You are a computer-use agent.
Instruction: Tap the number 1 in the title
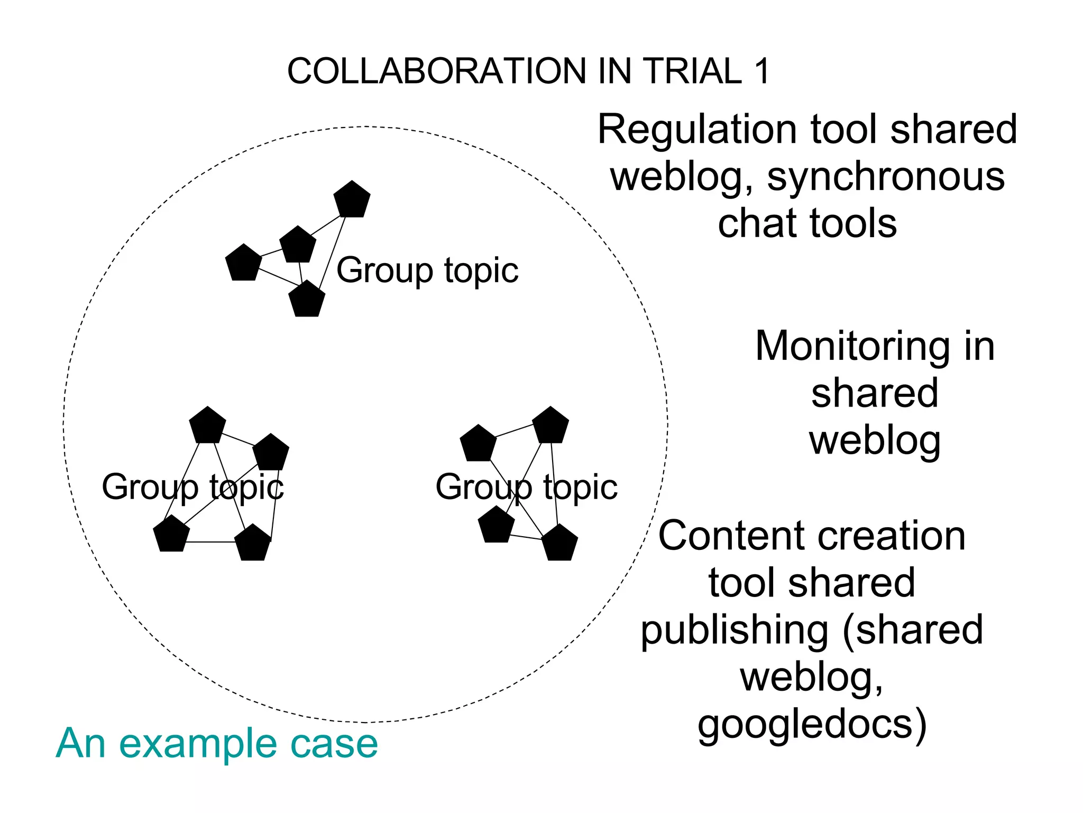(x=762, y=71)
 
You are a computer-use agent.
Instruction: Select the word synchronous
(x=886, y=177)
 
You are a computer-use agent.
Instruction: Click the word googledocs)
(x=812, y=725)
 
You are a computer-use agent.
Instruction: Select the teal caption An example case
(x=217, y=743)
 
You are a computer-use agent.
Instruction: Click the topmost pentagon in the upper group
(x=352, y=200)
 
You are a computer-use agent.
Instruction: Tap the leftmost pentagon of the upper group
(x=243, y=263)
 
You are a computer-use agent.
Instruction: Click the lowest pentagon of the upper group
(x=307, y=300)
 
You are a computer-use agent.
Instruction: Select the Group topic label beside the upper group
(x=427, y=270)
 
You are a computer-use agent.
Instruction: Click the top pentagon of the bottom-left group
(x=207, y=426)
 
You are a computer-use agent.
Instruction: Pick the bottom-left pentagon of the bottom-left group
(x=171, y=534)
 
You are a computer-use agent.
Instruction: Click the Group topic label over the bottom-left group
(x=192, y=487)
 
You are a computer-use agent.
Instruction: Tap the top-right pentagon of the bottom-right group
(x=550, y=426)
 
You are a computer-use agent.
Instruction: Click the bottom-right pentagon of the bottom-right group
(x=559, y=543)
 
